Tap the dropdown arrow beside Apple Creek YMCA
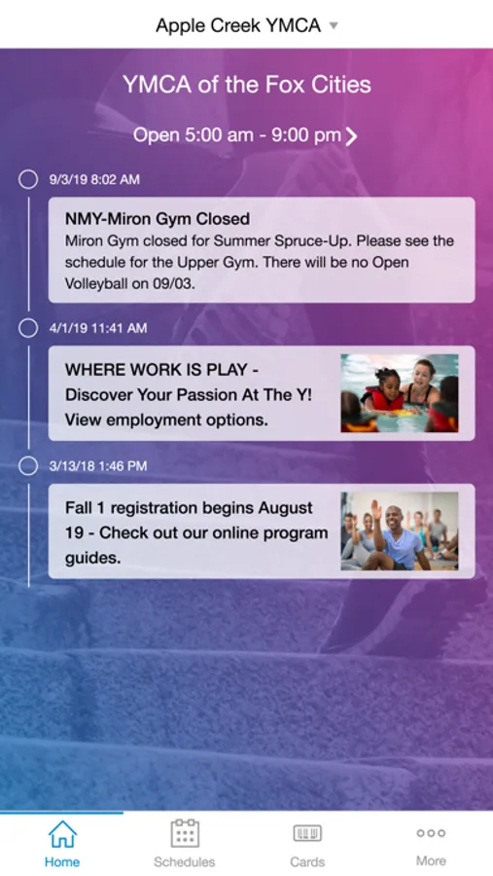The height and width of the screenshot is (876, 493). pos(334,25)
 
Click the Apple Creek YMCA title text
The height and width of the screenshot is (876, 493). pos(238,25)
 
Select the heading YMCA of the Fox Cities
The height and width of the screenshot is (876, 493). pos(247,85)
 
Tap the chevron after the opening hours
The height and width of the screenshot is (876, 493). pos(351,135)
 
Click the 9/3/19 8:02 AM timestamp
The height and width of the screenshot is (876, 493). pos(94,180)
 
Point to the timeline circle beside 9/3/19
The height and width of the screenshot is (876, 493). pos(28,180)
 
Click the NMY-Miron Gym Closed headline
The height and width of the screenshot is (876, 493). pos(158,218)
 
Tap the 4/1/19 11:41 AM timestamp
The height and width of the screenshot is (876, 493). pos(98,328)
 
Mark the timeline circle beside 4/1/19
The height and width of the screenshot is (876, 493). pos(28,328)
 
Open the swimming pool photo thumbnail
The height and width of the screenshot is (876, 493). pos(400,393)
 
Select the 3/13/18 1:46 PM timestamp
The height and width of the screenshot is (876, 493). pos(98,466)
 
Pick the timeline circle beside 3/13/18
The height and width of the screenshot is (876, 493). pos(28,466)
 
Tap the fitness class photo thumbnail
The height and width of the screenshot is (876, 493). pos(400,531)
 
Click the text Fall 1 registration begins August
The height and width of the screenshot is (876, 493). pos(189,508)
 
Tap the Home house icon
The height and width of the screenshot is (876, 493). pos(62,834)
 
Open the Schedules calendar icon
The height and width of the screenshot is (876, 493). pos(185,833)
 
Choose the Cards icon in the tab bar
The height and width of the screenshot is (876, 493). pos(307,833)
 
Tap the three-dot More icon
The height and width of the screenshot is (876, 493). pos(431,833)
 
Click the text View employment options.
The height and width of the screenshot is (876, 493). pos(166,420)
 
